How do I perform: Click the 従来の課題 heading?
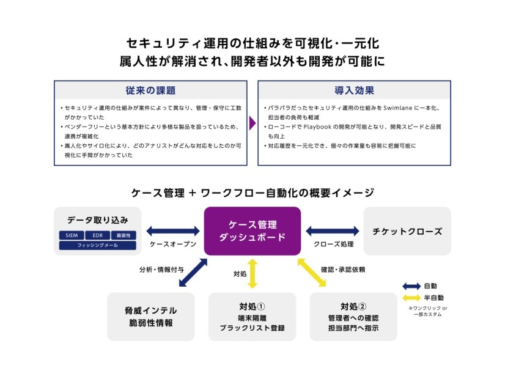click(x=150, y=90)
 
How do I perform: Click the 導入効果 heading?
click(x=354, y=90)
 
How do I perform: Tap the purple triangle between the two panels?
click(x=252, y=123)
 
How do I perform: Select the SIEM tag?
click(x=72, y=235)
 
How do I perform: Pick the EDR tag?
click(x=98, y=235)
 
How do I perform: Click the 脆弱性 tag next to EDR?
click(x=123, y=235)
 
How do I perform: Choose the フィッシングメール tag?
click(x=98, y=245)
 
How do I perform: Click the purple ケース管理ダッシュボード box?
click(x=252, y=230)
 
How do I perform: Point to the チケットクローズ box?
click(x=407, y=231)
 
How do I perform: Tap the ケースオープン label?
click(x=173, y=243)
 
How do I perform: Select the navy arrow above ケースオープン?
click(x=173, y=231)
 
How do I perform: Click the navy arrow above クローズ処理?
click(x=333, y=231)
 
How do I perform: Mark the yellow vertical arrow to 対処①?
click(x=252, y=273)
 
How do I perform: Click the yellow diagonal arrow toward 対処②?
click(x=312, y=273)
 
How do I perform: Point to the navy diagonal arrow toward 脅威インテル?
click(x=193, y=273)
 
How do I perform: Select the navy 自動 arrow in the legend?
click(x=411, y=286)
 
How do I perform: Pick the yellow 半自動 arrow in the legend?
click(x=411, y=298)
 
